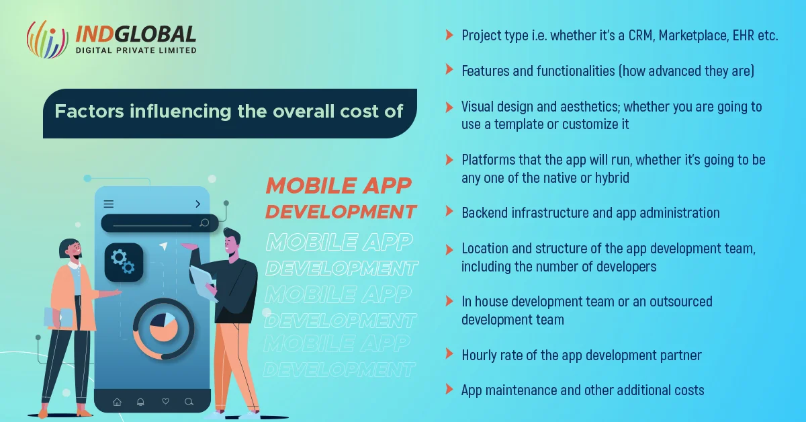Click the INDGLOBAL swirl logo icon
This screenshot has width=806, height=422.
(47, 39)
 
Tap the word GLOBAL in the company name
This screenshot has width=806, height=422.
(155, 34)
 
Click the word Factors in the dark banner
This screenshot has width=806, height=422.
(89, 111)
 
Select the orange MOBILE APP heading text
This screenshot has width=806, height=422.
(339, 185)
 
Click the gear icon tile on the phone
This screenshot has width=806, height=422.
(124, 262)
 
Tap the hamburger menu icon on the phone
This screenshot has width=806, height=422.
(109, 204)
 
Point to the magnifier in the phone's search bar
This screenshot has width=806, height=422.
(204, 223)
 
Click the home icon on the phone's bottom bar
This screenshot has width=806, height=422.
(117, 402)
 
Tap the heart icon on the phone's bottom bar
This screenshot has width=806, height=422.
(165, 401)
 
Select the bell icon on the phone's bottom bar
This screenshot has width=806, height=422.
(140, 402)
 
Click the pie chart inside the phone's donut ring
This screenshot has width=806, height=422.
(163, 328)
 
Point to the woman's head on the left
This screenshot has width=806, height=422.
(71, 249)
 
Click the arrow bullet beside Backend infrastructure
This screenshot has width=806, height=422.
(449, 212)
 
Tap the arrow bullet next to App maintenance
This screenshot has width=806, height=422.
(449, 389)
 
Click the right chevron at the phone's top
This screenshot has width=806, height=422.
(198, 204)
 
